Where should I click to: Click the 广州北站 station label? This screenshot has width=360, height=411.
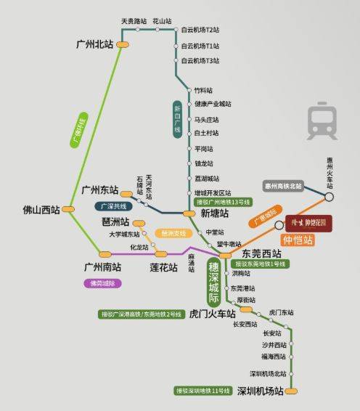click(94, 44)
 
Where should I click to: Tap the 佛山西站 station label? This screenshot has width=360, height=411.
click(41, 211)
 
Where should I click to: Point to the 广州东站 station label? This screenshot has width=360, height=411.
click(99, 190)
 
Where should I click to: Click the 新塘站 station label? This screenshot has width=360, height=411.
click(214, 213)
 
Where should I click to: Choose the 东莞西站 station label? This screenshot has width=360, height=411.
click(261, 253)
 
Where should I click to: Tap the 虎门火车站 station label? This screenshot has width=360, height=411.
click(212, 314)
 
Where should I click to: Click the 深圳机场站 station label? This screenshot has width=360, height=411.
click(260, 391)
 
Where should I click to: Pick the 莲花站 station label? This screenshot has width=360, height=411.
click(163, 267)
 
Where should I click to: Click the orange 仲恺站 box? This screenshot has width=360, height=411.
click(298, 240)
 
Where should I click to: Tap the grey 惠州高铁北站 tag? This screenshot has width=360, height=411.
click(283, 186)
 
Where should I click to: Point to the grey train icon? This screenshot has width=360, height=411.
click(322, 121)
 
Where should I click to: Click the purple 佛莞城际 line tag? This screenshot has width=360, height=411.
click(103, 283)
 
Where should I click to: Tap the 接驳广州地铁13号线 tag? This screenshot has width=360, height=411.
click(223, 202)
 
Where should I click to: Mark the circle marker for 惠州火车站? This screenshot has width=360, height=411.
click(330, 196)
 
